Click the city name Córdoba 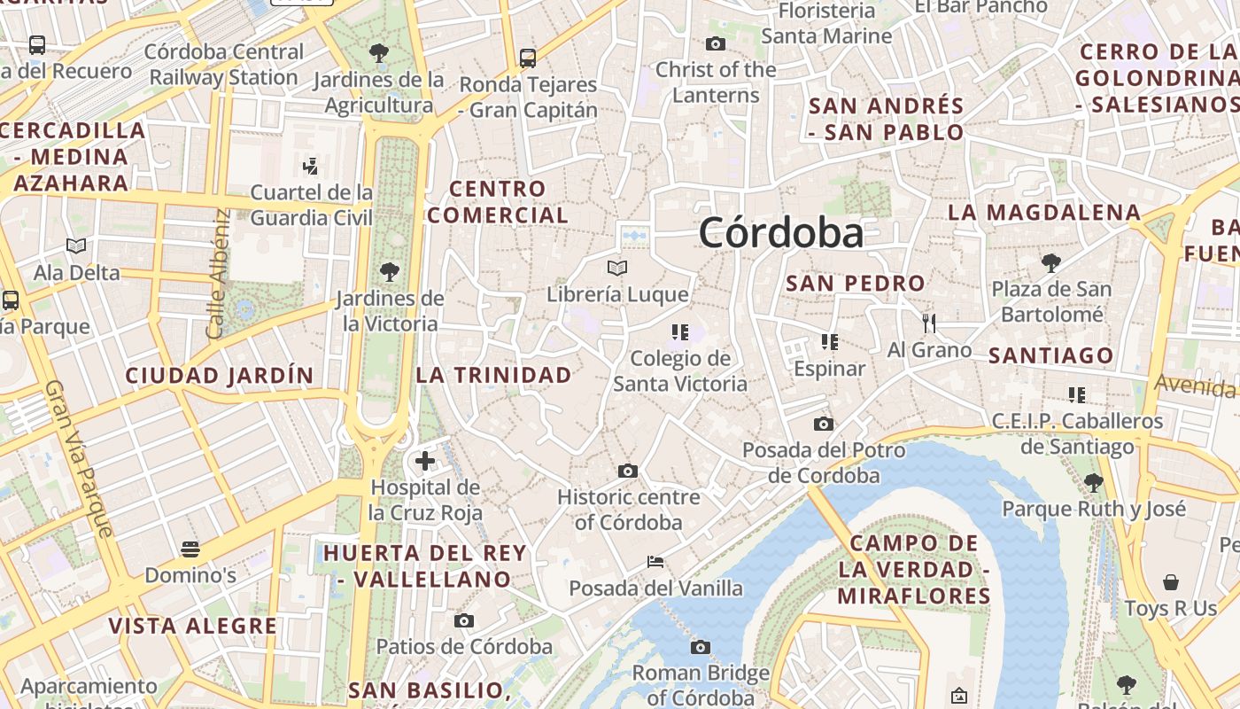(x=780, y=233)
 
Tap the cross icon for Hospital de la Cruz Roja (x=425, y=461)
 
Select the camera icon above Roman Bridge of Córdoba (x=701, y=647)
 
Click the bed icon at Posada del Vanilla (x=655, y=561)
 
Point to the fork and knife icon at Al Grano (x=929, y=323)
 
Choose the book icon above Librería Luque (x=617, y=268)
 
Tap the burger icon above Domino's (x=190, y=549)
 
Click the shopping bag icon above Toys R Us (x=1171, y=582)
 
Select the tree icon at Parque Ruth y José (x=1094, y=482)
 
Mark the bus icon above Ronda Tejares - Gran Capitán (x=528, y=58)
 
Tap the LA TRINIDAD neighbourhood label (x=494, y=375)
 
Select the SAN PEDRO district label (x=856, y=284)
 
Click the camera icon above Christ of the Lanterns (x=716, y=43)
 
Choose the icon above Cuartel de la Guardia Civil (x=311, y=166)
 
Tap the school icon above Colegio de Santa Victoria (x=680, y=332)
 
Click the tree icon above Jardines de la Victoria (x=389, y=271)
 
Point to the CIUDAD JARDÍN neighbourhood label (x=220, y=376)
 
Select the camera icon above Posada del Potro (x=824, y=424)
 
